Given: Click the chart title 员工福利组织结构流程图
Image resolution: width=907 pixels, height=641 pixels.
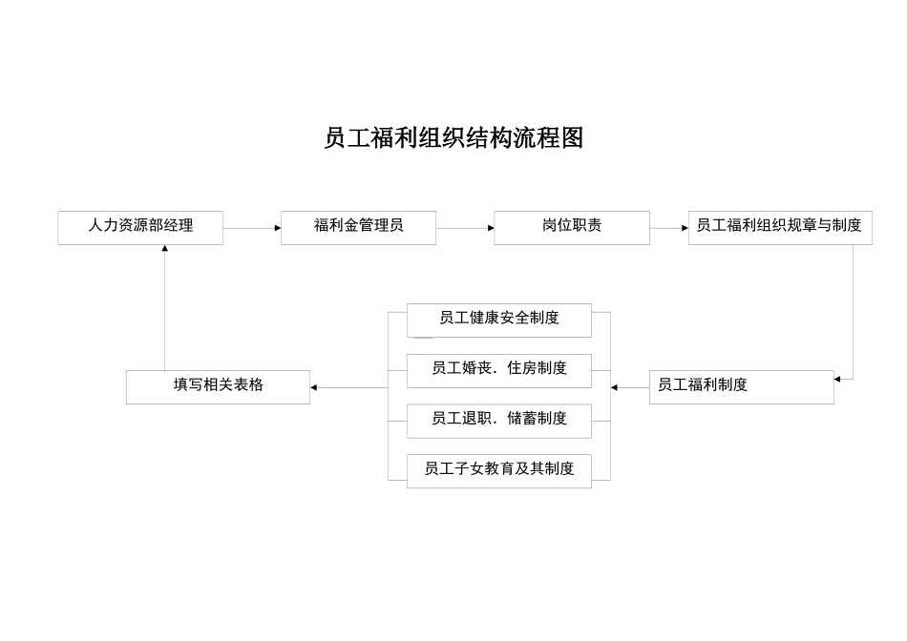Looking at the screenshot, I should click(x=453, y=138).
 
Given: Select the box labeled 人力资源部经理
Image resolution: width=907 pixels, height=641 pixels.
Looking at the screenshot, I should click(x=140, y=227).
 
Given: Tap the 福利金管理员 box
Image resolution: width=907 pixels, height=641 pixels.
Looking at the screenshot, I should click(x=358, y=227).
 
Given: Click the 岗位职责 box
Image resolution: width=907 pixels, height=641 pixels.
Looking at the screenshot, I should click(x=571, y=227).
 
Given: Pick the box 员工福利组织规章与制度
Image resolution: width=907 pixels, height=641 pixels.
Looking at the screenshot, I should click(x=779, y=227).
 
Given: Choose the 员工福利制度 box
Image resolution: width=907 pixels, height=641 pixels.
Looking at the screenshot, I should click(x=741, y=386).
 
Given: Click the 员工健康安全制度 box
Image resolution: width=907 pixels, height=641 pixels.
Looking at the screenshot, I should click(x=498, y=320).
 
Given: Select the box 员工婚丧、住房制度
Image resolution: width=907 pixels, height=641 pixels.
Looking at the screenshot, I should click(x=498, y=370).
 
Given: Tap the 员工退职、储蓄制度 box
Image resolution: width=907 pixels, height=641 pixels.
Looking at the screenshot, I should click(x=498, y=420).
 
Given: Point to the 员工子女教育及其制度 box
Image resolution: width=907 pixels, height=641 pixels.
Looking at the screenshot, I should click(x=498, y=470).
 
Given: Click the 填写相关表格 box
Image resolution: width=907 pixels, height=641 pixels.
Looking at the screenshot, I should click(x=218, y=386).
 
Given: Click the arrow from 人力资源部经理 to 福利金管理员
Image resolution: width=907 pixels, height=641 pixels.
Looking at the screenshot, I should click(x=251, y=228).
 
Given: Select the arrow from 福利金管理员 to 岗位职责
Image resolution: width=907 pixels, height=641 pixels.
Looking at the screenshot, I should click(x=464, y=228).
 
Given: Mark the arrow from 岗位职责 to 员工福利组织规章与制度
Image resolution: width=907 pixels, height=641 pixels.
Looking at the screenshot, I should click(x=668, y=228).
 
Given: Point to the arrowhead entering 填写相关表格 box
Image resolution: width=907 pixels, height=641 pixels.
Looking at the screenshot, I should click(x=314, y=387).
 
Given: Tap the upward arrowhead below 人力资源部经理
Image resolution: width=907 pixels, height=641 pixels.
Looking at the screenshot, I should click(x=164, y=249).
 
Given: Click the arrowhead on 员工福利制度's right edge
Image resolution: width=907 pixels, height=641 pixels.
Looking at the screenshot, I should click(x=837, y=380).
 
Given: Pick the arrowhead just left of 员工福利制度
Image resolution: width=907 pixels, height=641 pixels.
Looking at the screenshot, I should click(x=614, y=387).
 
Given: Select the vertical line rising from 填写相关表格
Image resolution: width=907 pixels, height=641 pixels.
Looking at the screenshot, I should click(x=164, y=310).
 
